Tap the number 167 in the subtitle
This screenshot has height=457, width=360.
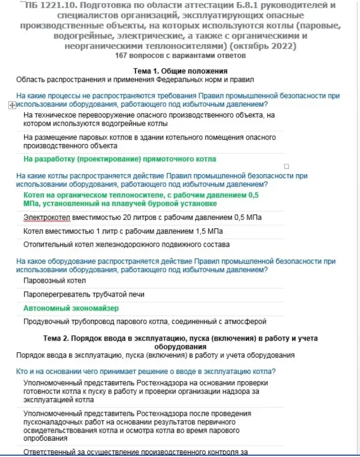(x=120, y=56)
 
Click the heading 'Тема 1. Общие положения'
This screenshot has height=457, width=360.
(x=180, y=71)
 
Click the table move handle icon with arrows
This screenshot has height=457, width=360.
(x=11, y=105)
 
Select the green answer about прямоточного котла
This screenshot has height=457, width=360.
(x=120, y=159)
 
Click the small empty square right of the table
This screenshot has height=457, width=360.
(x=286, y=167)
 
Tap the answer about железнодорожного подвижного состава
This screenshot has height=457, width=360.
(x=127, y=245)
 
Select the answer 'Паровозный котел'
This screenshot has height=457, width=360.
(x=55, y=281)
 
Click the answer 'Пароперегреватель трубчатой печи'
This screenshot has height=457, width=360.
(x=84, y=294)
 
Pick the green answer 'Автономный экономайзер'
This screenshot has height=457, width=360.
(x=71, y=308)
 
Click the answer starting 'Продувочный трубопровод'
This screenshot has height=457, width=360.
(x=145, y=322)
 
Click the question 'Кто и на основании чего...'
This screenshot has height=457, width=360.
(x=146, y=372)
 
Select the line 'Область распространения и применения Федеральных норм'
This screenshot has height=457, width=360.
(x=135, y=80)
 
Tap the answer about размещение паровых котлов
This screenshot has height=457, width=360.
(x=150, y=142)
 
